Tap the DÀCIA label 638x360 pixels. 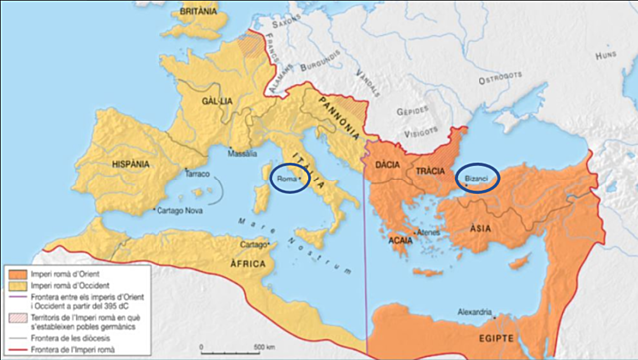point(387,162)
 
